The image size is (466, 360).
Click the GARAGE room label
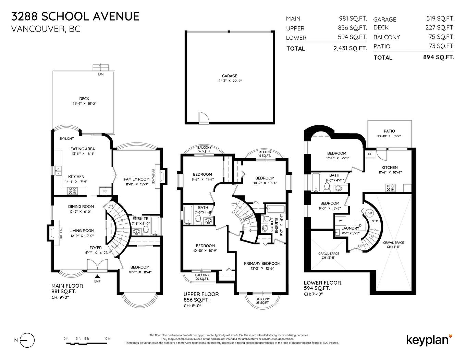229,76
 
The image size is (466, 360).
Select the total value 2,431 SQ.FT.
350,48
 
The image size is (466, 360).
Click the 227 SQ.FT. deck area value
440,28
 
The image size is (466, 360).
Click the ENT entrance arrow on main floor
97,276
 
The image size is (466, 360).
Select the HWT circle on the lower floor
369,213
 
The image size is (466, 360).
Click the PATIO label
389,131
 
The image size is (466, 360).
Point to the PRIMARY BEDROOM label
262,263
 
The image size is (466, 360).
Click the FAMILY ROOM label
136,179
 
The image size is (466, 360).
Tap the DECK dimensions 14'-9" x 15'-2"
84,103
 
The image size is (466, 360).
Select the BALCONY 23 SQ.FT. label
262,301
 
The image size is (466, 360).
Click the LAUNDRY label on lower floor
350,228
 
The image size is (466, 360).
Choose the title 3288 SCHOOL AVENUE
75,16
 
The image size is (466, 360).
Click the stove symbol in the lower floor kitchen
390,187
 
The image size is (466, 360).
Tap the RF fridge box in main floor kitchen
105,191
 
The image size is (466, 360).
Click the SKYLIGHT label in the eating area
66,139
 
